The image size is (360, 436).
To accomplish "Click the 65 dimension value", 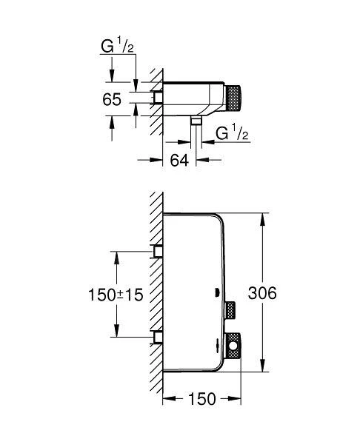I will (112, 99).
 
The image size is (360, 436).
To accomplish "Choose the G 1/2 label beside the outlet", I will (231, 133).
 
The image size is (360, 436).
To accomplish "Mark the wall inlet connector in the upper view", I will (157, 97).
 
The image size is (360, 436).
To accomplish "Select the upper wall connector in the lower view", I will (157, 252).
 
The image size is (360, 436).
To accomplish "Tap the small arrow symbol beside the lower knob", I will (217, 341).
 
